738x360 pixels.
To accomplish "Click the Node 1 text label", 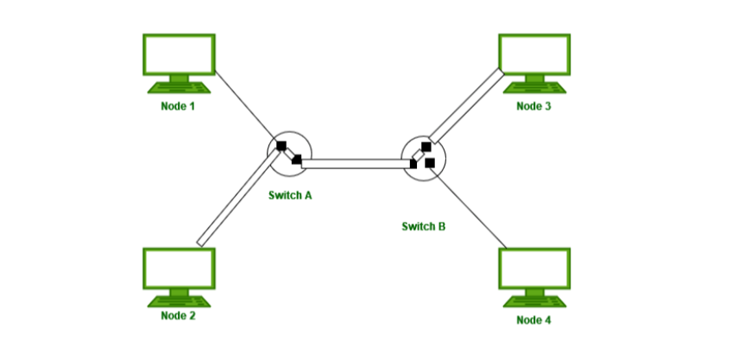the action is point(178,106).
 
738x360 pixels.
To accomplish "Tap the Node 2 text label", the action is point(178,316).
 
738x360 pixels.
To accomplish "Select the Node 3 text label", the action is point(533,106).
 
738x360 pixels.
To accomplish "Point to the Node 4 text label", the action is point(533,320).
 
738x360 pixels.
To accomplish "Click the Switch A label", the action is point(290,195).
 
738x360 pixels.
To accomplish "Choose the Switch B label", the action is point(424,227).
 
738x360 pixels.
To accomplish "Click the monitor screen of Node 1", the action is point(179,54).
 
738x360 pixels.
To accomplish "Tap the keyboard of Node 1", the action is point(179,88).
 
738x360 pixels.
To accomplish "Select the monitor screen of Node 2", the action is point(179,268).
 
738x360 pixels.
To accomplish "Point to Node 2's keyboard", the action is point(179,301).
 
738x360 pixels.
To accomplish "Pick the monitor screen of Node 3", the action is point(534,54).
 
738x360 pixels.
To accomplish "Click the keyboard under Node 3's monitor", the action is point(534,88).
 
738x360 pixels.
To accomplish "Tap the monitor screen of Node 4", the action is point(534,268).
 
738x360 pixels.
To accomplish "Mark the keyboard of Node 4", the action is point(534,301).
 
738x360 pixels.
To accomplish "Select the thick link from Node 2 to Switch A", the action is point(238,198).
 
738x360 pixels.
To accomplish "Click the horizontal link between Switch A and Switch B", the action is point(356,164).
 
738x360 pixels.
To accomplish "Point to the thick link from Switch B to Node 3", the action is point(466,106).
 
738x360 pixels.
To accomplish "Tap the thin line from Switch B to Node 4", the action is point(469,208).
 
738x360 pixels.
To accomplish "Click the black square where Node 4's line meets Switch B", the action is point(430,163).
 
